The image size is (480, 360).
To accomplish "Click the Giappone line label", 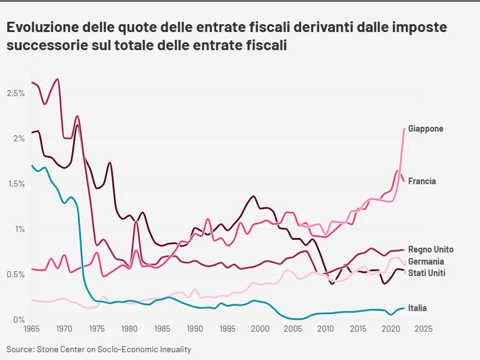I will coord(426,129).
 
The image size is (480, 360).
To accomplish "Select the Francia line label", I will coord(422,181).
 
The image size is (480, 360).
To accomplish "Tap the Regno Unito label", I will coord(430,249).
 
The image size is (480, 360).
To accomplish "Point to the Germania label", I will coord(426,262).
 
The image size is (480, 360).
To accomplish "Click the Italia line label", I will coord(417,308).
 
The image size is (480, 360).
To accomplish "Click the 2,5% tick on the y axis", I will coord(16,94).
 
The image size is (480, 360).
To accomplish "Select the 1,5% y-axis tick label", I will coord(16,184).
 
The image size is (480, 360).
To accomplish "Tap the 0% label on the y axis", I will coord(19,320).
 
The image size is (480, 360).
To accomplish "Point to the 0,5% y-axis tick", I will coord(16,274).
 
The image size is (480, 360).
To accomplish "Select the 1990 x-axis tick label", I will coord(195,330).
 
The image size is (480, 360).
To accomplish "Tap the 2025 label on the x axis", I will coord(423,330).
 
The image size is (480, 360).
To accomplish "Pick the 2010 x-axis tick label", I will coord(325,330).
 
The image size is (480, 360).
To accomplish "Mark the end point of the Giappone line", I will coord(404,129).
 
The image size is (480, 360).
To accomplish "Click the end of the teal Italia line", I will coord(404,308).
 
